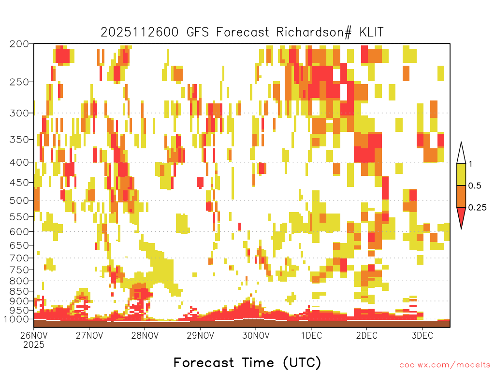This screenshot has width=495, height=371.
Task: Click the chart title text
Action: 242,32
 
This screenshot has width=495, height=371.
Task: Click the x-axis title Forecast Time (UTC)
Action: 247,362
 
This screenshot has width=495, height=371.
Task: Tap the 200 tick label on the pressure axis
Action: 19,44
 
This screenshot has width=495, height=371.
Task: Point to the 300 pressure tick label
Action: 19,113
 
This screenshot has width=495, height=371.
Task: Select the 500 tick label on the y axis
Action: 19,200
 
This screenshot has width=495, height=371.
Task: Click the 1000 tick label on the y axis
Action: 16,319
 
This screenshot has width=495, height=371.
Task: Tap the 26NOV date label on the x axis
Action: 34,335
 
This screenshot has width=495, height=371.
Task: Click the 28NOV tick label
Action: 145,335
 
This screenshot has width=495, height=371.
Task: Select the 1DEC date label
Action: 311,335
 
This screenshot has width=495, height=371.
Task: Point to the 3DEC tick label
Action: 422,335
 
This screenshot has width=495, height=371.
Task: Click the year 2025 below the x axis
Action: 34,344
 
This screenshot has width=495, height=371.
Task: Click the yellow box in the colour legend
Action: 461,174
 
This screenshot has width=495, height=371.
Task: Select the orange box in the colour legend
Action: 461,196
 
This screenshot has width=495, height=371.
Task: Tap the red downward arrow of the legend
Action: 461,216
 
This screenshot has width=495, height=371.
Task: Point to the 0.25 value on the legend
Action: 477,208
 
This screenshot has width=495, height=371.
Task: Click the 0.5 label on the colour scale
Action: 475,186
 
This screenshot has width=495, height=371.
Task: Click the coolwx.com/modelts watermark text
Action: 445,365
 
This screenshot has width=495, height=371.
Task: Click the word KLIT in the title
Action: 371,32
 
